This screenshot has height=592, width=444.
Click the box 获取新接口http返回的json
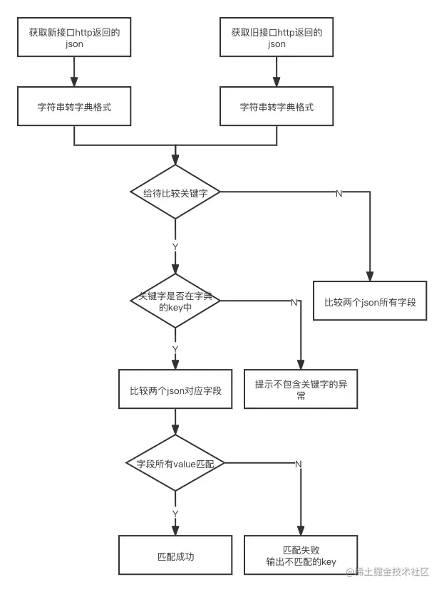coord(74,38)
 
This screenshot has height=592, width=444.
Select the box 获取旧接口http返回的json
coord(277,38)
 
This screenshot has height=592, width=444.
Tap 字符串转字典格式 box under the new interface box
coord(74,107)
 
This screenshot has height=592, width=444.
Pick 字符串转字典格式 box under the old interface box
coord(277,107)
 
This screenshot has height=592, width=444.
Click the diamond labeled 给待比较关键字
coord(175,192)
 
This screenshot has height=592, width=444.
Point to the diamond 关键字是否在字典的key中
coord(175,301)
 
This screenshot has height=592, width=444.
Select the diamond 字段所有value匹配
coord(175,463)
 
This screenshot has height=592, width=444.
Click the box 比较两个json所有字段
coord(371,301)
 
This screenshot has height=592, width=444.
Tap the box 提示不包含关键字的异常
coord(301,389)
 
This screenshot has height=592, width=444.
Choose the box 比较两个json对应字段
coord(175,389)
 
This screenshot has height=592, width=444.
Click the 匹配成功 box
coord(175,556)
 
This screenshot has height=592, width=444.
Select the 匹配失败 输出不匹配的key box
coord(301,556)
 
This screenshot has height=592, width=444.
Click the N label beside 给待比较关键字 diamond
coord(339,193)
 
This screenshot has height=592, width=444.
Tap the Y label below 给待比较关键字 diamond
coord(175,246)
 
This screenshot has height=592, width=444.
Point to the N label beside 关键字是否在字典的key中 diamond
coord(293,302)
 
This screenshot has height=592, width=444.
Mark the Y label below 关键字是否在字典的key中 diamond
coord(175,349)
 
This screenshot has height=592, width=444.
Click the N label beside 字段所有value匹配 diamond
coord(298,464)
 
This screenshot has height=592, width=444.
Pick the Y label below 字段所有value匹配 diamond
coord(175,513)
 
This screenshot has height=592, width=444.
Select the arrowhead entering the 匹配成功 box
coord(175,531)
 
